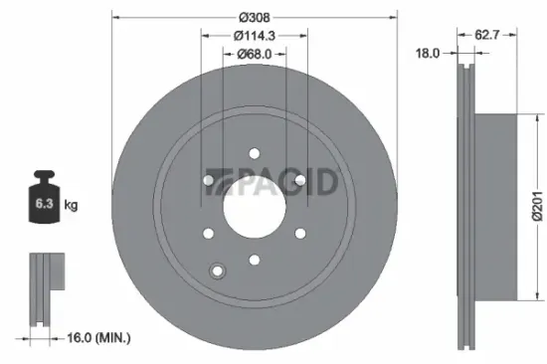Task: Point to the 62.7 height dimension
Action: coord(485,34)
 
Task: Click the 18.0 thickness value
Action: coord(428,53)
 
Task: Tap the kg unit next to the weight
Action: coord(71,205)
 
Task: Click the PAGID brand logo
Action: coord(275,181)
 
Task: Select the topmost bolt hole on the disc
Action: coord(255,153)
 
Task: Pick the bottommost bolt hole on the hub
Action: coord(255,261)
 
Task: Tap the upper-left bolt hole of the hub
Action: coord(208,180)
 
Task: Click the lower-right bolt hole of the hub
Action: coord(300,234)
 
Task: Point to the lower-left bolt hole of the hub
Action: coord(208,234)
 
